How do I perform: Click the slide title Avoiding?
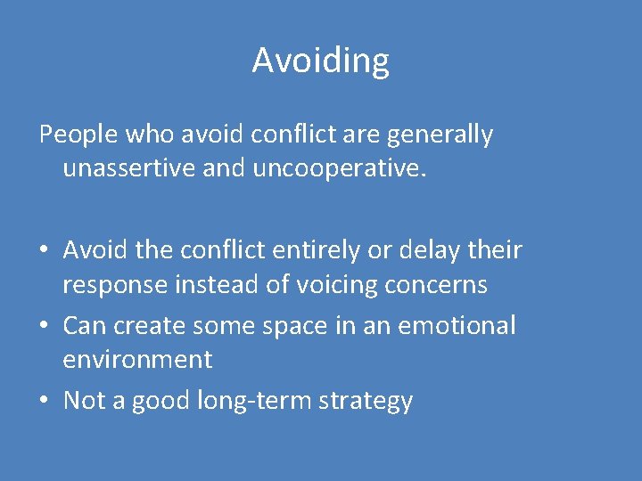point(320,61)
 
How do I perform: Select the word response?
point(115,285)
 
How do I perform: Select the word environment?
point(137,360)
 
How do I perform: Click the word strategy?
point(369,402)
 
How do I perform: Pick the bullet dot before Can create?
point(45,327)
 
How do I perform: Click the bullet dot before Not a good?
point(45,402)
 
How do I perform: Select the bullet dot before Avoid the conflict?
point(45,251)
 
